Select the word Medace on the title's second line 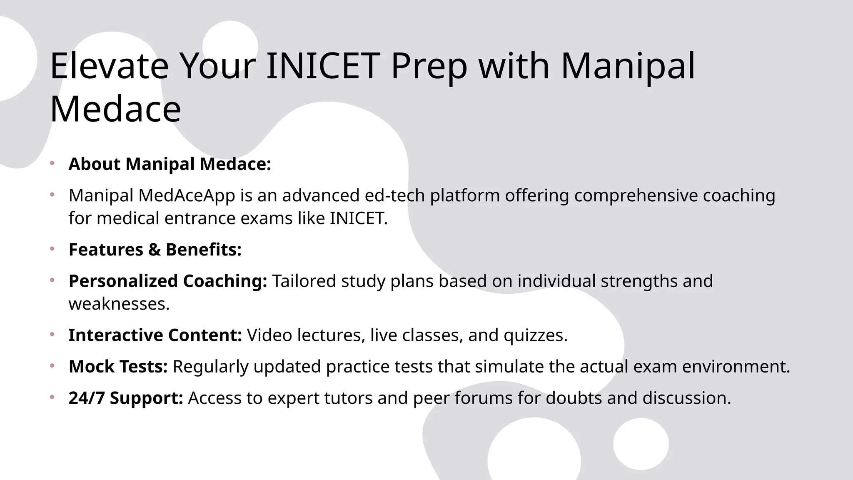coord(115,109)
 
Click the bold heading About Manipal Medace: coord(170,164)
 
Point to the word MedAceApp coord(187,195)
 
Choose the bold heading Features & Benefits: coord(155,250)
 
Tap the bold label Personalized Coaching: coord(168,281)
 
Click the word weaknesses coord(119,304)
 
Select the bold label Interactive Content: coord(155,335)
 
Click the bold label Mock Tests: coord(118,367)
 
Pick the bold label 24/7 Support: coord(126,398)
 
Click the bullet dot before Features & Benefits coord(52,249)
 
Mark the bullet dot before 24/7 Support coord(52,397)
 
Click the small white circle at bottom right coord(641,444)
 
